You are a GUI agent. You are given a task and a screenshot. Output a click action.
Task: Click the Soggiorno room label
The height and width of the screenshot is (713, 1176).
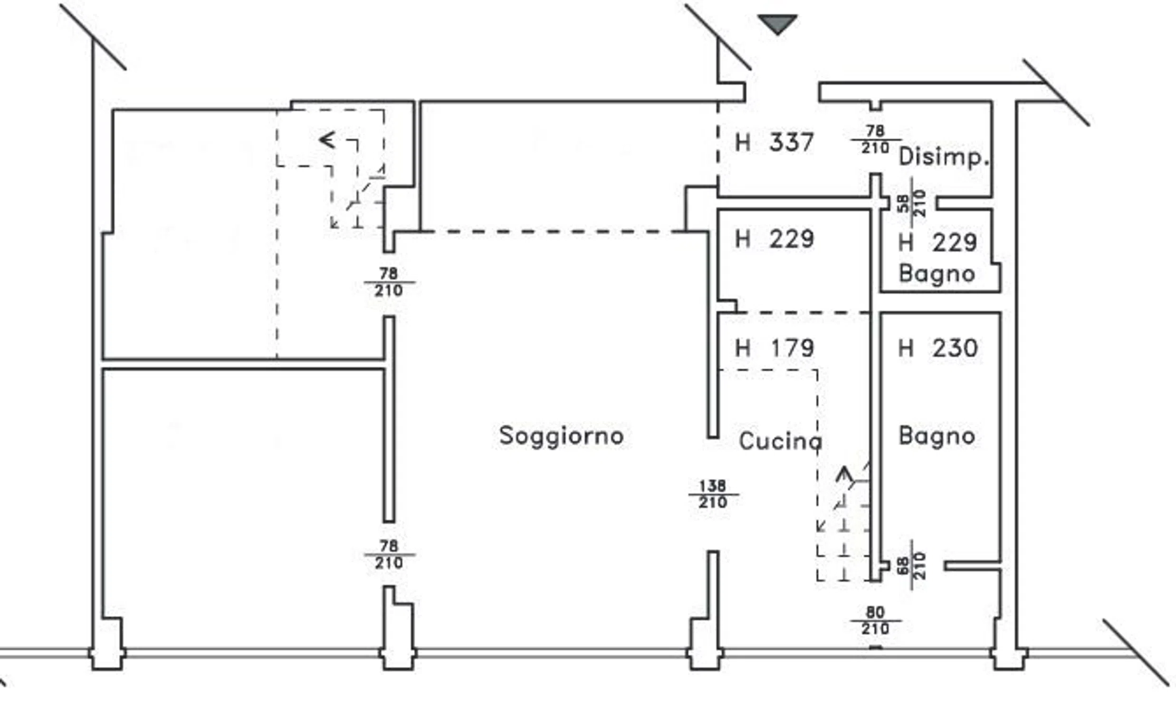tap(561, 436)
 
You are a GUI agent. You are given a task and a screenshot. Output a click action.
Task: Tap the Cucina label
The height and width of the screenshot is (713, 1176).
tap(780, 441)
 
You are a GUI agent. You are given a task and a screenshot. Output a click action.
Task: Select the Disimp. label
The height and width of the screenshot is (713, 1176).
tap(944, 157)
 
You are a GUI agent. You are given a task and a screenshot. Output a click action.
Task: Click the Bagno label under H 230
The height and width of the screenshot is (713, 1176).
tap(937, 435)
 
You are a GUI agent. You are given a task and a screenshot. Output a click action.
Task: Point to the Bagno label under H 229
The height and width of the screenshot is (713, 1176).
tap(937, 274)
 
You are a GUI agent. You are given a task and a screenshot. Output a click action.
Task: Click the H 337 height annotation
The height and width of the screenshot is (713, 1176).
tap(774, 142)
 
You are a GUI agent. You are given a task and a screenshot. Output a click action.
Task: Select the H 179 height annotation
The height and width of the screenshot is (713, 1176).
tap(774, 348)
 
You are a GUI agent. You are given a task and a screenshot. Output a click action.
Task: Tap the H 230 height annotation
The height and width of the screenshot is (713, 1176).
tap(938, 348)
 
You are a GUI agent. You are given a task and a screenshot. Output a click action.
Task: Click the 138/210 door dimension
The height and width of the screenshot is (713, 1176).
tap(713, 494)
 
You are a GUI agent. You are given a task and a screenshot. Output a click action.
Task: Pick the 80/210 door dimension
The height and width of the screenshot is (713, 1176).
tap(875, 620)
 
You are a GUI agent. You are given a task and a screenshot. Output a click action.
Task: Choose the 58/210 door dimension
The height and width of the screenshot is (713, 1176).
tap(911, 203)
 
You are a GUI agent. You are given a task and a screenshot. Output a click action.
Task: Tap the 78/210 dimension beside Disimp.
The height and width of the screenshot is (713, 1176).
tap(875, 139)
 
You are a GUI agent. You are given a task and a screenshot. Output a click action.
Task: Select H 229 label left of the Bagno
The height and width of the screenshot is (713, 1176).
tap(774, 239)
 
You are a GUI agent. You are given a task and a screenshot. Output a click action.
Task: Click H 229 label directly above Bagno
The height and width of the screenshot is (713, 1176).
tap(938, 242)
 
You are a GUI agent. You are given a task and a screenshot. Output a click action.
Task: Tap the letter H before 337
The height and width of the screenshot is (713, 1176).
tap(743, 142)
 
